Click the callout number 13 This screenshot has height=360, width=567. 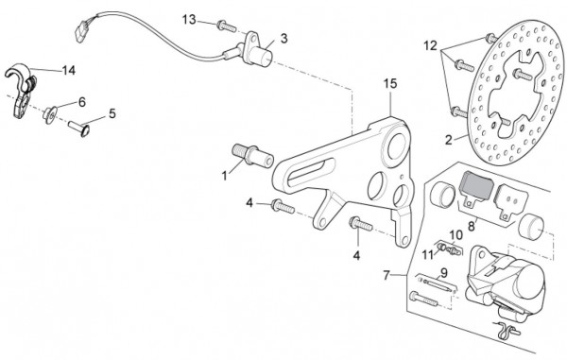click(189, 20)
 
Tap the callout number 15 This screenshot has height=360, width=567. click(390, 84)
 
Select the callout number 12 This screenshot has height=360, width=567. click(430, 46)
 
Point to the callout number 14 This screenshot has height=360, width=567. click(69, 70)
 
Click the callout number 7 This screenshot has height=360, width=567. click(387, 276)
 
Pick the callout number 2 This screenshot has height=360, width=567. click(448, 140)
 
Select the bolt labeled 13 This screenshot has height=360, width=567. click(227, 26)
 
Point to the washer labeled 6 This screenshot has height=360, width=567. click(50, 114)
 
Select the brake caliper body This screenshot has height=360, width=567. click(507, 280)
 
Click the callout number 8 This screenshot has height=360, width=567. click(472, 227)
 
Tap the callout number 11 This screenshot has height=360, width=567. click(428, 255)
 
